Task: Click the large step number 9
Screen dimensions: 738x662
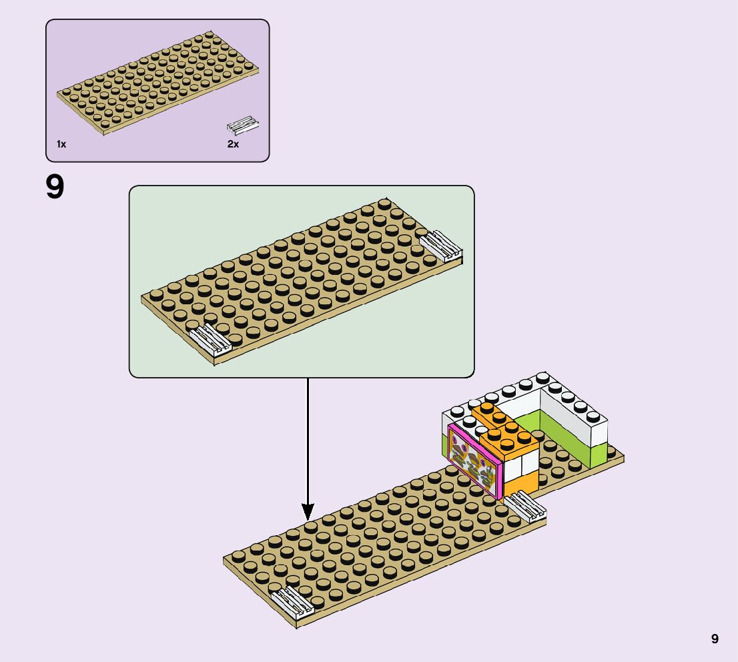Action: (x=55, y=188)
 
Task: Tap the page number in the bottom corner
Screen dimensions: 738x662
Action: (x=715, y=639)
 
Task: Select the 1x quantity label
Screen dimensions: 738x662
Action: (x=61, y=144)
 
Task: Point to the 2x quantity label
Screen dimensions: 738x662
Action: (x=233, y=144)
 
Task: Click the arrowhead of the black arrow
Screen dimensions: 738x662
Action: (x=307, y=513)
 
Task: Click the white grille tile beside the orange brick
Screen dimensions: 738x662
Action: (x=526, y=507)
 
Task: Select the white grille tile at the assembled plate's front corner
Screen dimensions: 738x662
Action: (x=292, y=604)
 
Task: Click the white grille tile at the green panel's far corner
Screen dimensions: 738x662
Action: (x=440, y=245)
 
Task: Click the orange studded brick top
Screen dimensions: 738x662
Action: (x=504, y=427)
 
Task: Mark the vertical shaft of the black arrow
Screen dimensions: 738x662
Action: (x=307, y=440)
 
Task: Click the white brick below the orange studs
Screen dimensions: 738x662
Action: (x=512, y=467)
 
